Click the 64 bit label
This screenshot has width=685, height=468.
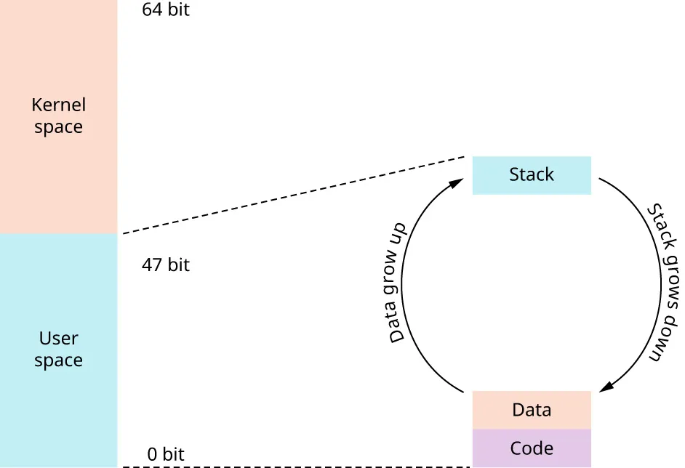pos(166,11)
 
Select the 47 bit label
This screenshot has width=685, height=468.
pos(166,265)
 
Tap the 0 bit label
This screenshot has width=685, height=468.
pos(166,455)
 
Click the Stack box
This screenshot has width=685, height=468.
pos(532,175)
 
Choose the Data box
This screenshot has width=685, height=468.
pos(532,410)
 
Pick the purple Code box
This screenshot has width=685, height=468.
pos(532,448)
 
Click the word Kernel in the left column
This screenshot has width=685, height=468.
pos(58,105)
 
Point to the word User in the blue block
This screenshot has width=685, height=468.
pos(58,339)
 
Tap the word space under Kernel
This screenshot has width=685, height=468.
pos(58,128)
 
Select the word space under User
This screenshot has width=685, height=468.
pos(58,361)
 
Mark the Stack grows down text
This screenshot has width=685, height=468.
pos(663,283)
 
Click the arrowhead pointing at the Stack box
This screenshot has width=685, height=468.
pos(457,182)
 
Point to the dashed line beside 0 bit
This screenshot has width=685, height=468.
pos(291,467)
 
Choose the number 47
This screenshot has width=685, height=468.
pos(152,265)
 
